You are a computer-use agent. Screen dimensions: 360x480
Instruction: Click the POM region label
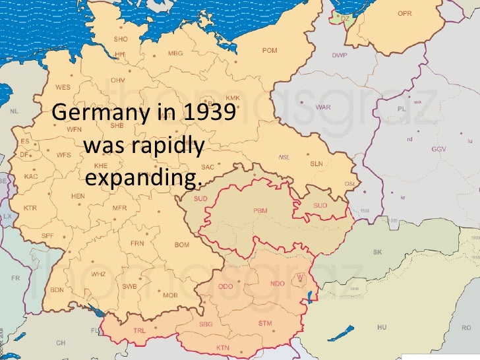(270, 51)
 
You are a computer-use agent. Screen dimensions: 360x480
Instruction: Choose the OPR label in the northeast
(405, 14)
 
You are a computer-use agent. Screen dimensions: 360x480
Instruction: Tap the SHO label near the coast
(121, 40)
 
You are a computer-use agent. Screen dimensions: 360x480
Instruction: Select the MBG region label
(176, 53)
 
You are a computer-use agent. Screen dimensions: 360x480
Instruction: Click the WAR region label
(323, 107)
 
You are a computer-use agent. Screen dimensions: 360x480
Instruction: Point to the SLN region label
(316, 164)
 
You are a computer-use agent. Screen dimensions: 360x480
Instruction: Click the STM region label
(265, 323)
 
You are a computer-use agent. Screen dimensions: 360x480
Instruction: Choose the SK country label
(377, 253)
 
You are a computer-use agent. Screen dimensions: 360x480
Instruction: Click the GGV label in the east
(438, 150)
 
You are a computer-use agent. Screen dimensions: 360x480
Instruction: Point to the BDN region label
(57, 290)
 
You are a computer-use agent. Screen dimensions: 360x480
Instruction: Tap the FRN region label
(137, 243)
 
